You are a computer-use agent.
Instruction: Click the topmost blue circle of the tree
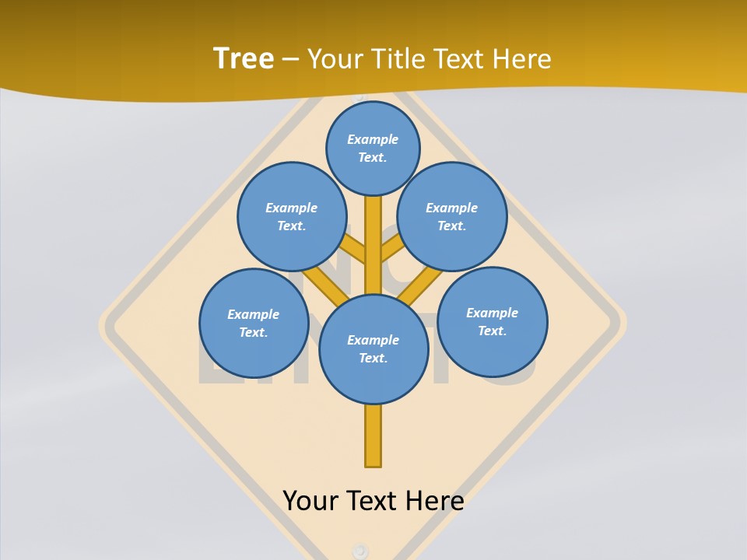pyautogui.click(x=373, y=148)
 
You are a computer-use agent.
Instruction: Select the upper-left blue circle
pyautogui.click(x=291, y=216)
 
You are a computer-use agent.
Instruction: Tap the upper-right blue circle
pyautogui.click(x=452, y=216)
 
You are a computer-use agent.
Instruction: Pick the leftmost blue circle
pyautogui.click(x=254, y=323)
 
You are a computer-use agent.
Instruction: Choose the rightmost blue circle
pyautogui.click(x=492, y=321)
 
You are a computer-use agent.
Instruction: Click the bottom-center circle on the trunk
pyautogui.click(x=373, y=349)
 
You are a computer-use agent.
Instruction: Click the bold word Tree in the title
pyautogui.click(x=244, y=58)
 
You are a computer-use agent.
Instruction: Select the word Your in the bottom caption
pyautogui.click(x=311, y=500)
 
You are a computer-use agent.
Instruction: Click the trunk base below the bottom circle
pyautogui.click(x=373, y=436)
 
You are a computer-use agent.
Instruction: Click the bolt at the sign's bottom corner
pyautogui.click(x=359, y=551)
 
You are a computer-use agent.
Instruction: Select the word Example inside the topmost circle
pyautogui.click(x=373, y=139)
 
